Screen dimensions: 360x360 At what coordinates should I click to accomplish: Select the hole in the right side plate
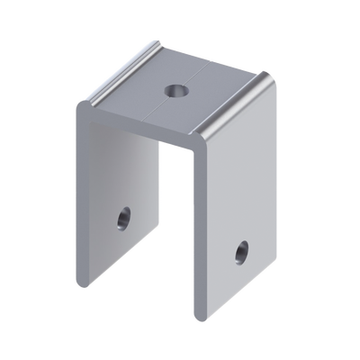[x=241, y=250]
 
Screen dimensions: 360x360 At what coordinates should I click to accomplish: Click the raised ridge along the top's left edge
[x=117, y=82]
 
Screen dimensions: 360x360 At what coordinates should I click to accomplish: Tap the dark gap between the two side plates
[x=176, y=225]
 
